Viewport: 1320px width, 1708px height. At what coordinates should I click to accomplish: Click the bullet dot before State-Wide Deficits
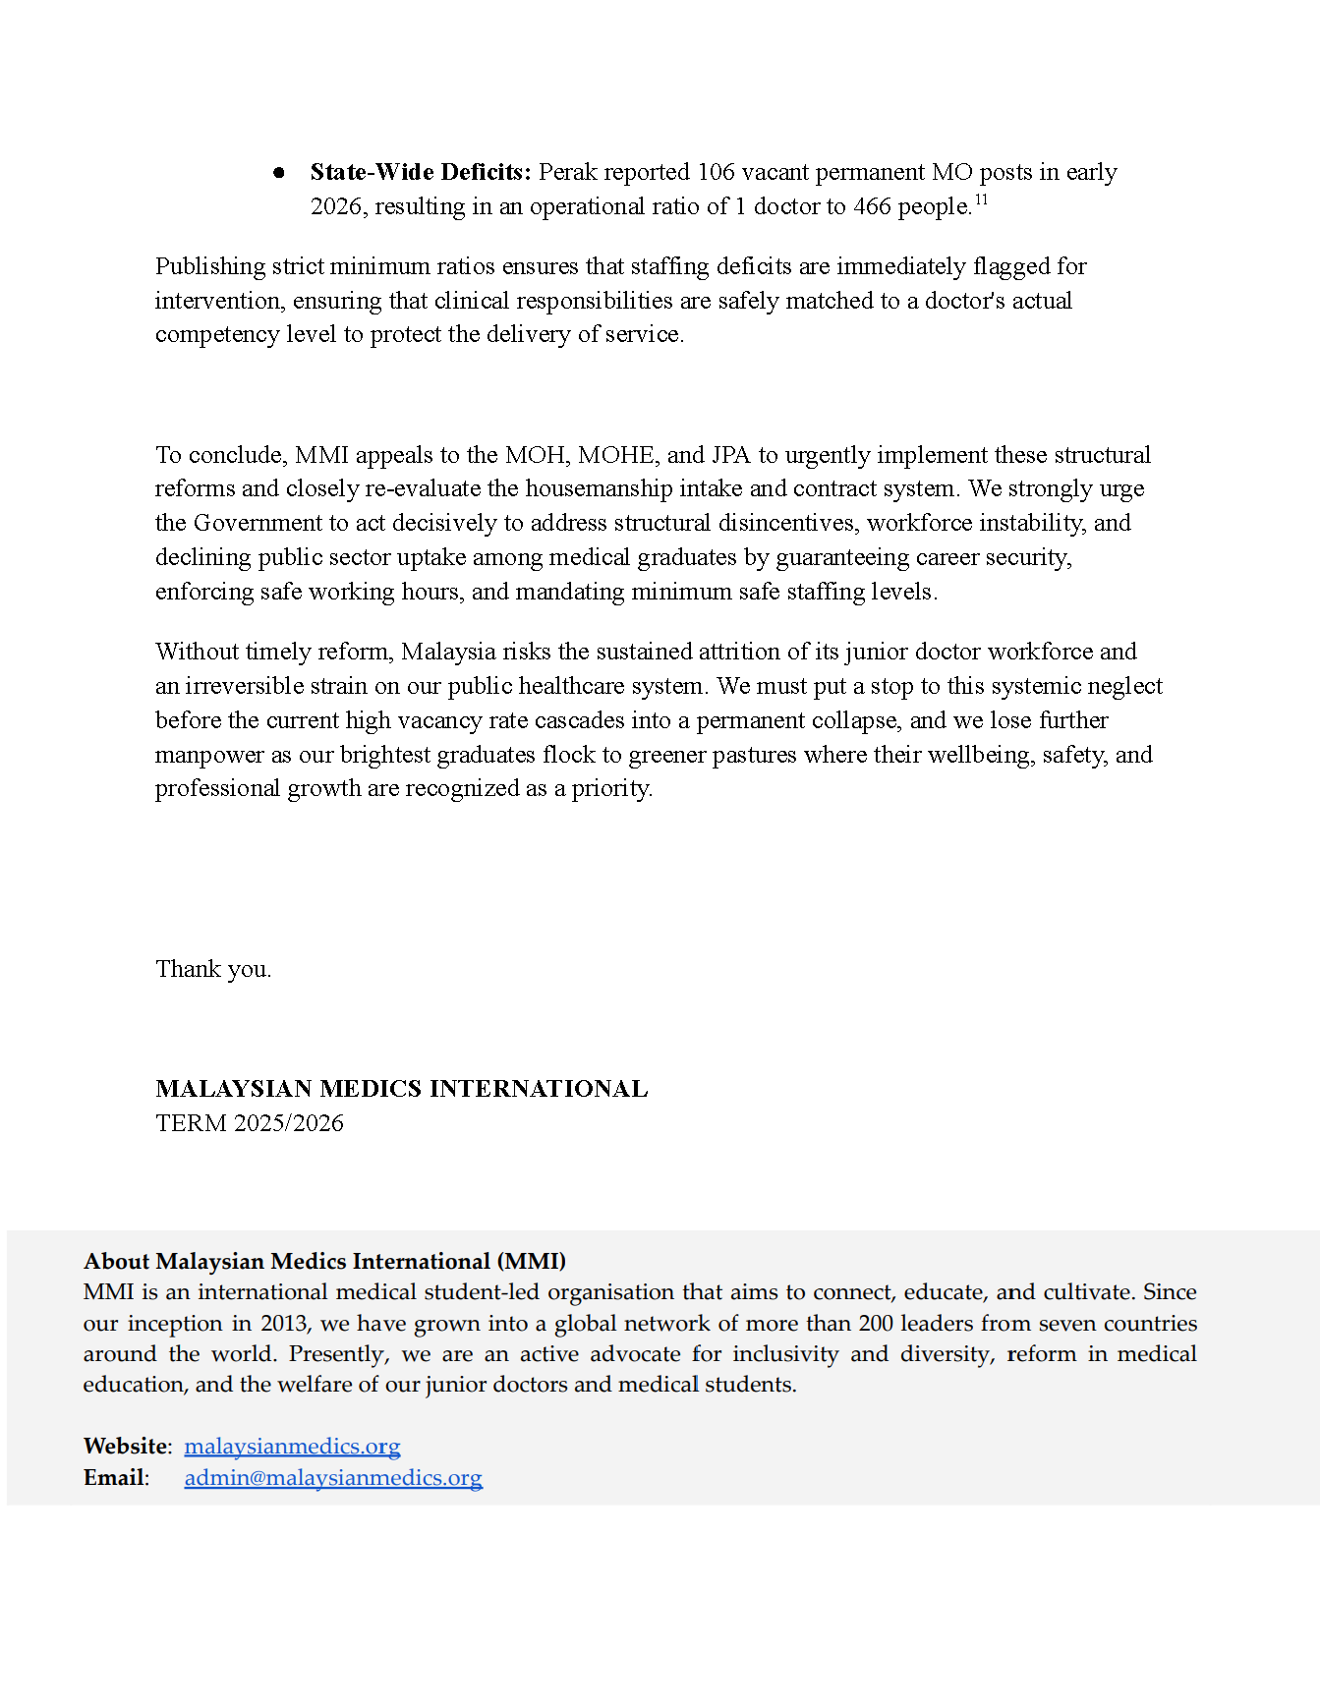279,173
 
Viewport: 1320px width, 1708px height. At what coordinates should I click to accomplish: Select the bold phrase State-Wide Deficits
420,172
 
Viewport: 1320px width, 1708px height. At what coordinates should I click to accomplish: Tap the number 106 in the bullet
716,172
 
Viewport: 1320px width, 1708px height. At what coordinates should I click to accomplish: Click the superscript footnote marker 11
981,200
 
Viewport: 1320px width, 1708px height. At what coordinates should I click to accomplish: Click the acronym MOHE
616,455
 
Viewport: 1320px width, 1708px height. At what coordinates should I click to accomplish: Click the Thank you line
213,969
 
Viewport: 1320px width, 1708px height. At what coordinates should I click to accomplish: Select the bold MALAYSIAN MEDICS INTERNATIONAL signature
401,1089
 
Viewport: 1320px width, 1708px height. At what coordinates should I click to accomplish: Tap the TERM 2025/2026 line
250,1123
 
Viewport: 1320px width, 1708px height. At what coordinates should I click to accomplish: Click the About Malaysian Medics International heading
324,1261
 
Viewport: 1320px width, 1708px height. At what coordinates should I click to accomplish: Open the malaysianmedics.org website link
292,1447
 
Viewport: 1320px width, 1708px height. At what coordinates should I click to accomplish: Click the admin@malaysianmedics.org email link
333,1478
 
